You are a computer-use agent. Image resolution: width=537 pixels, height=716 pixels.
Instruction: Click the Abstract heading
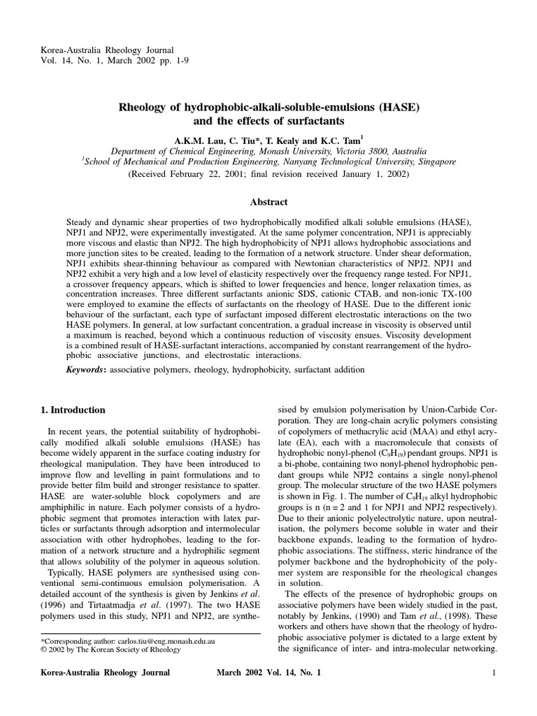[268, 202]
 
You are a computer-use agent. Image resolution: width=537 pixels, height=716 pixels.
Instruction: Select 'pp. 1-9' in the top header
[172, 60]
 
